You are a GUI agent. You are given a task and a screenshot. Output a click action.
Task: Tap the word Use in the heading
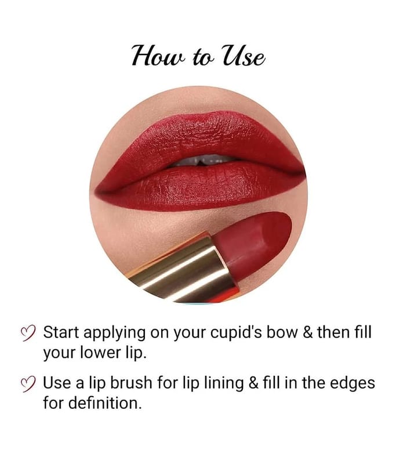point(244,56)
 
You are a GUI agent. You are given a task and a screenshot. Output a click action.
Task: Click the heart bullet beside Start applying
point(28,333)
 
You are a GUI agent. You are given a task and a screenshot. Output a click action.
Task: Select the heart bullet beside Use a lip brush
point(28,384)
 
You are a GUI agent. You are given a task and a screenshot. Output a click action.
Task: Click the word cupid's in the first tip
point(236,333)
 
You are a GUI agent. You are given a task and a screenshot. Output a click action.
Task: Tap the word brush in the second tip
point(131,383)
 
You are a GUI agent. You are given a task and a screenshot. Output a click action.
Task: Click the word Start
point(61,332)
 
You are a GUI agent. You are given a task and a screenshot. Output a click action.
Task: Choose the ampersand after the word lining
point(253,383)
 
